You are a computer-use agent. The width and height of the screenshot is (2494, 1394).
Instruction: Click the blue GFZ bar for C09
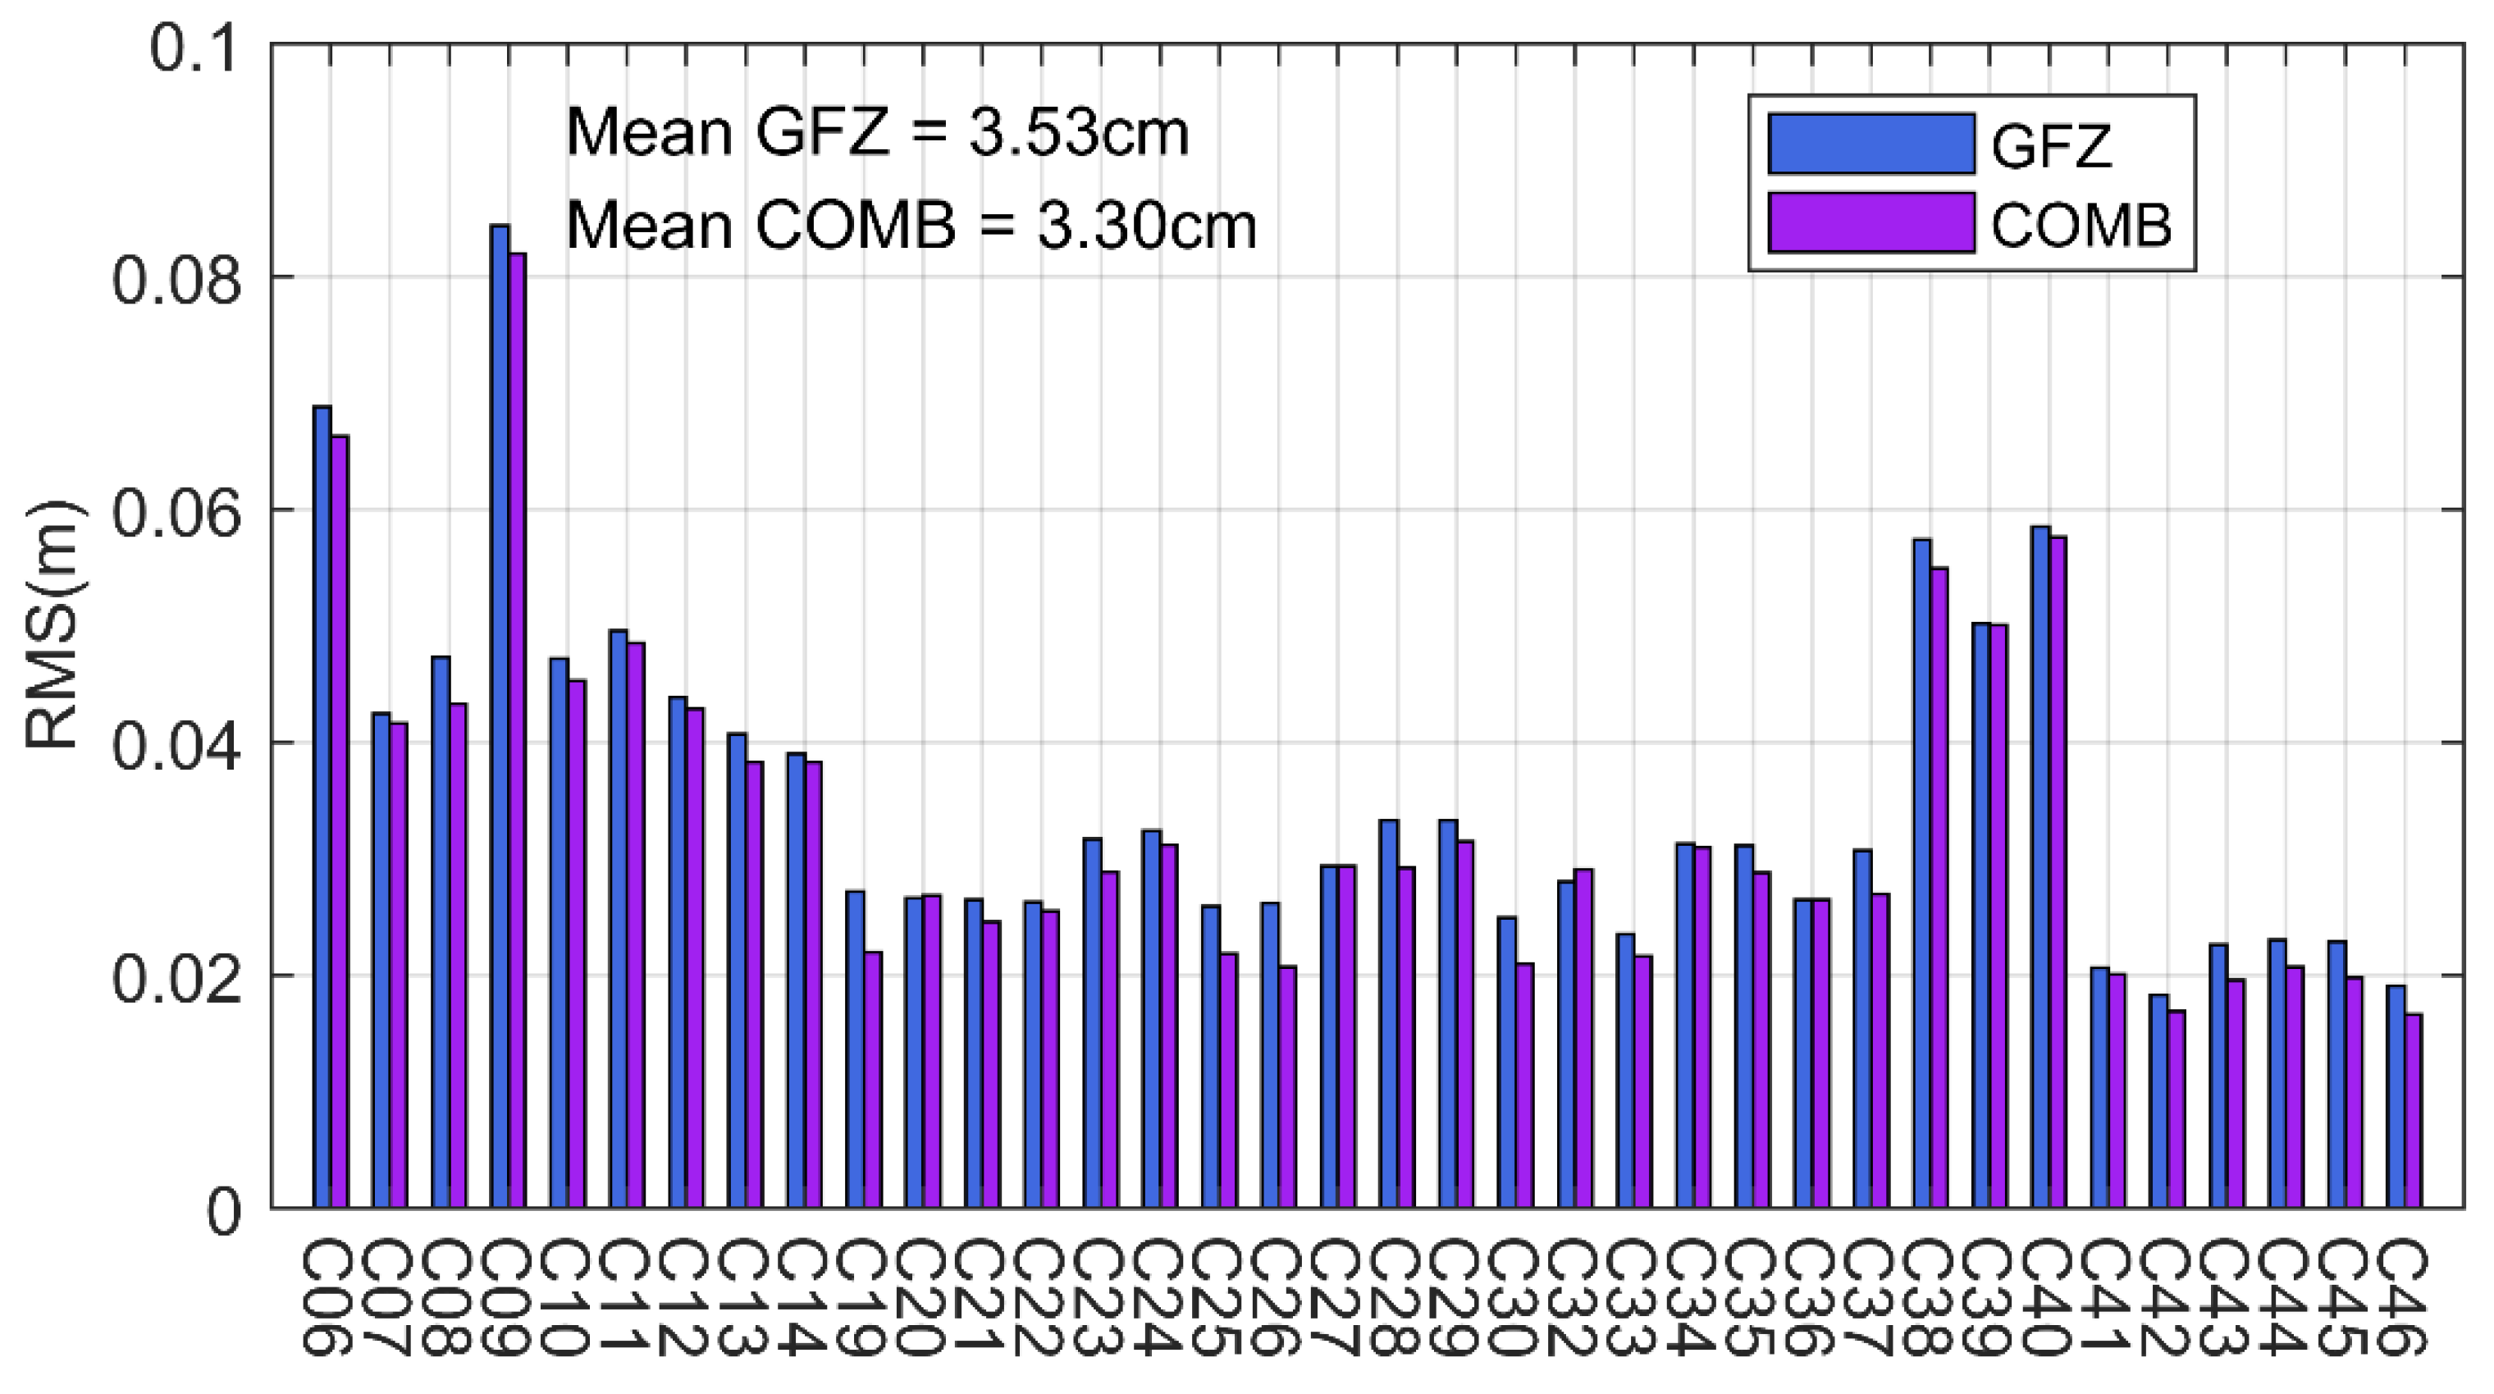point(500,716)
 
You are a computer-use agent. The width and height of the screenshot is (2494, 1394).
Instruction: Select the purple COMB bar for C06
point(340,823)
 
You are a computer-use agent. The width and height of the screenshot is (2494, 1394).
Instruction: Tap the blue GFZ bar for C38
point(1922,871)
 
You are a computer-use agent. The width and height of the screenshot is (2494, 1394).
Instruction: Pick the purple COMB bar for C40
point(2058,871)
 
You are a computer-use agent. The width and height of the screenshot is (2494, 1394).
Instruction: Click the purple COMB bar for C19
point(873,1080)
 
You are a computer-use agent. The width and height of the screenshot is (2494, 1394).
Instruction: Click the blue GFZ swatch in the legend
point(1870,144)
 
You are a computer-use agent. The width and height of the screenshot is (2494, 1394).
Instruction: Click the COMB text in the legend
point(2081,226)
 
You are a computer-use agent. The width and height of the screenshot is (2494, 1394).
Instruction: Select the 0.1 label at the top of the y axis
point(194,48)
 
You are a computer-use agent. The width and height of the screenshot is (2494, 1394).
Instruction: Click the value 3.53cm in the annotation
point(1079,134)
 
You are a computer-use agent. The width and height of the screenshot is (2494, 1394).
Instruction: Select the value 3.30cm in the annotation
point(1146,226)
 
